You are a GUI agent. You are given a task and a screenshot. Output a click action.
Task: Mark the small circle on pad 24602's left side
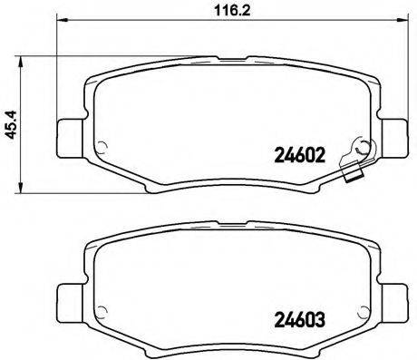(x=102, y=151)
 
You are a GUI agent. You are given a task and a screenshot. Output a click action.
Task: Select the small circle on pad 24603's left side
(x=102, y=314)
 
